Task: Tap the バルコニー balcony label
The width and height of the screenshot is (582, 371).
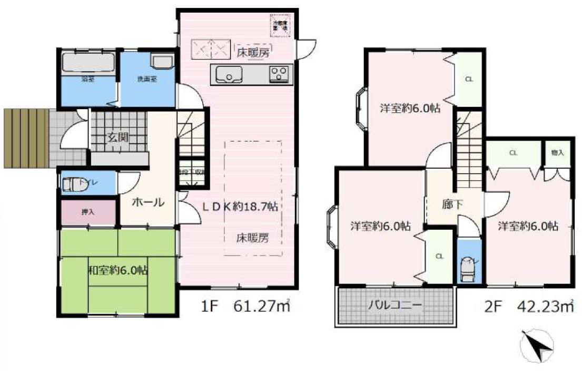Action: point(394,305)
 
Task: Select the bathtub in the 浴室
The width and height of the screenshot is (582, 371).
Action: point(87,64)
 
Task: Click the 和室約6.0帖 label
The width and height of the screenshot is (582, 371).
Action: point(117,271)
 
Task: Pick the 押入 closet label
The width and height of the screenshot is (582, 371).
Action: point(87,213)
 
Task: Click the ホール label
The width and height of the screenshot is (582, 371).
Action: point(147,202)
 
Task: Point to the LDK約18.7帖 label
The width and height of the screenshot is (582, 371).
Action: point(240,207)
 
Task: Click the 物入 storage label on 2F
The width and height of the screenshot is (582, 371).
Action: point(557,153)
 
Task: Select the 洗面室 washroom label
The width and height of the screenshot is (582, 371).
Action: point(147,80)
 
